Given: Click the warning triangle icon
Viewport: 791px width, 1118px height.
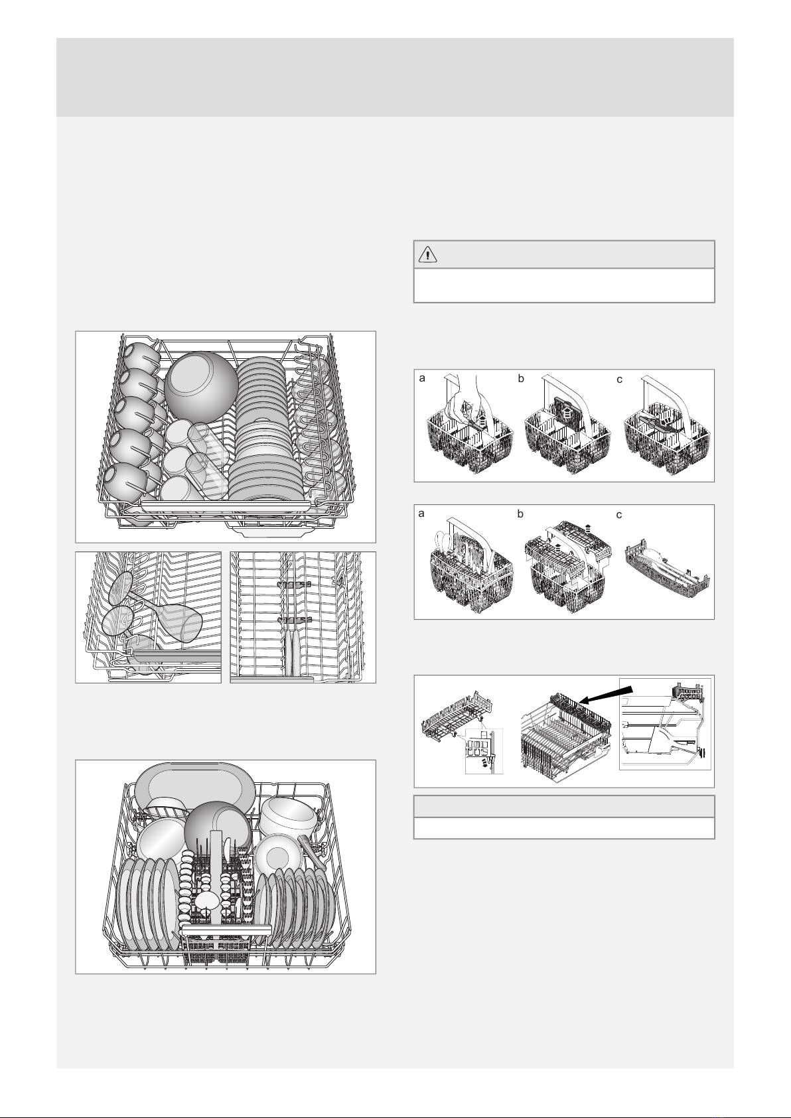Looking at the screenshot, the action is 428,255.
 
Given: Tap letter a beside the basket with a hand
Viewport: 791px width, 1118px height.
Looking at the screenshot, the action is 422,378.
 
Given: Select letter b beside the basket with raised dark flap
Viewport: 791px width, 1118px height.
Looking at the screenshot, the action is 521,378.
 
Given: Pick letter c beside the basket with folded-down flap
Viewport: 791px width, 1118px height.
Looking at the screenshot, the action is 619,380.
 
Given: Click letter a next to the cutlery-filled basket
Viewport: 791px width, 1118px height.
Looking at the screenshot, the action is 421,514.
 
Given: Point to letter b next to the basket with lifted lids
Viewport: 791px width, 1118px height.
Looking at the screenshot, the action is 520,514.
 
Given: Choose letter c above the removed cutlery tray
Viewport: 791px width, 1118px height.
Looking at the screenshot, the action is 619,515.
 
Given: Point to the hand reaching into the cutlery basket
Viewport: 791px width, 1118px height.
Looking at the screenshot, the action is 467,399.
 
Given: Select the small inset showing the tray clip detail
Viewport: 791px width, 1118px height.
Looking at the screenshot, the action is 484,750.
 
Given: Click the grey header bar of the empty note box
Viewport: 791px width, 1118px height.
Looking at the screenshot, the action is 564,807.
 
